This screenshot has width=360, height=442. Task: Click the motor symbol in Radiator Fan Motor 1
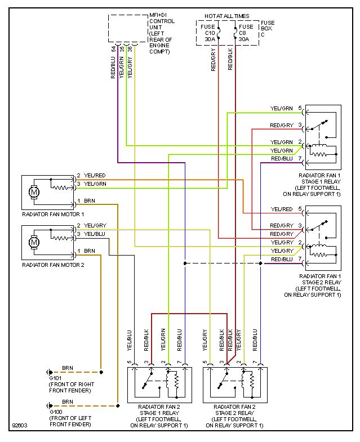pyautogui.click(x=35, y=192)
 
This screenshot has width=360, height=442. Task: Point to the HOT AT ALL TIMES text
pyautogui.click(x=227, y=17)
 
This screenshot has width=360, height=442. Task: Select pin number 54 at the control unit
pyautogui.click(x=114, y=49)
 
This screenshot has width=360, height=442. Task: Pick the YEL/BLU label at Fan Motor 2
pyautogui.click(x=95, y=234)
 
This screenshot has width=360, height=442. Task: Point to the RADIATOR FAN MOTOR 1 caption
pyautogui.click(x=52, y=214)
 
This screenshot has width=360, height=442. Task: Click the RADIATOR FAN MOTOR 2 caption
pyautogui.click(x=52, y=264)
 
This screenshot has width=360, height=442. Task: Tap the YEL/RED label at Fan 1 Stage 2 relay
pyautogui.click(x=282, y=209)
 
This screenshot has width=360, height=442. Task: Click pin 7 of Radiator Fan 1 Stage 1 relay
pyautogui.click(x=300, y=159)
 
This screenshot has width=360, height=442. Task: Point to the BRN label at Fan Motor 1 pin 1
pyautogui.click(x=90, y=200)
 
